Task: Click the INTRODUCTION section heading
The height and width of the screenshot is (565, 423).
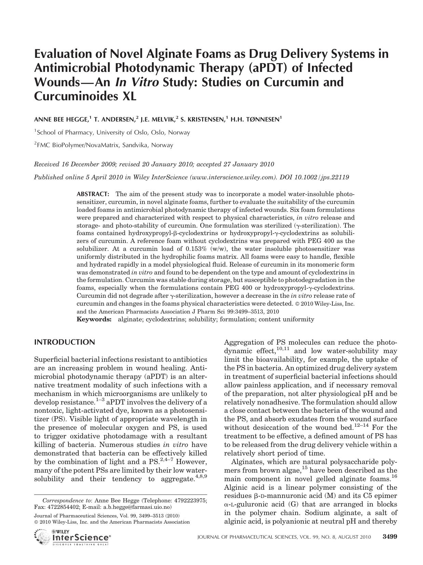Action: pyautogui.click(x=65, y=342)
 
